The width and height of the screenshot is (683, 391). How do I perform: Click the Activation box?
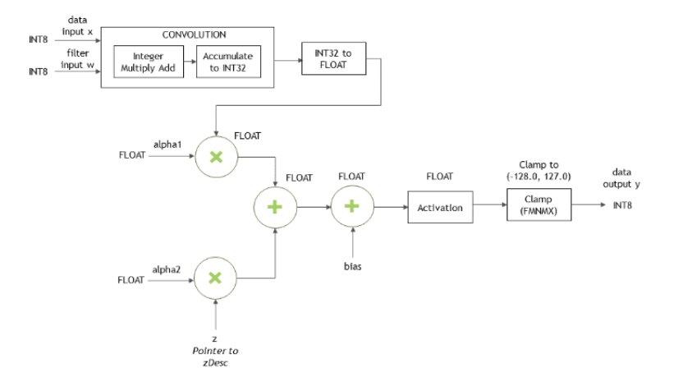(x=440, y=208)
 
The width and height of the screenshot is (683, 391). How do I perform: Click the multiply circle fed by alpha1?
(x=215, y=154)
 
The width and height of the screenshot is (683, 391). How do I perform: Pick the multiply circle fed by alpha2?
(x=215, y=279)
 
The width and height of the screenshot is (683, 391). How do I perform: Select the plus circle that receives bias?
(x=352, y=208)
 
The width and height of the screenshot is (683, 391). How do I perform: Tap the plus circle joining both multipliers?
(x=276, y=208)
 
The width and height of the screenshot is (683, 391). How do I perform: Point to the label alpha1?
(x=166, y=141)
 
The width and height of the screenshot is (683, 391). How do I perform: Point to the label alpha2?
(x=166, y=267)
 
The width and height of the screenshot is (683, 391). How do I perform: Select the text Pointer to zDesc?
(x=214, y=356)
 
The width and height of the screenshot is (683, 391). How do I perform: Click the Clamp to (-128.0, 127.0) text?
(x=538, y=170)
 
